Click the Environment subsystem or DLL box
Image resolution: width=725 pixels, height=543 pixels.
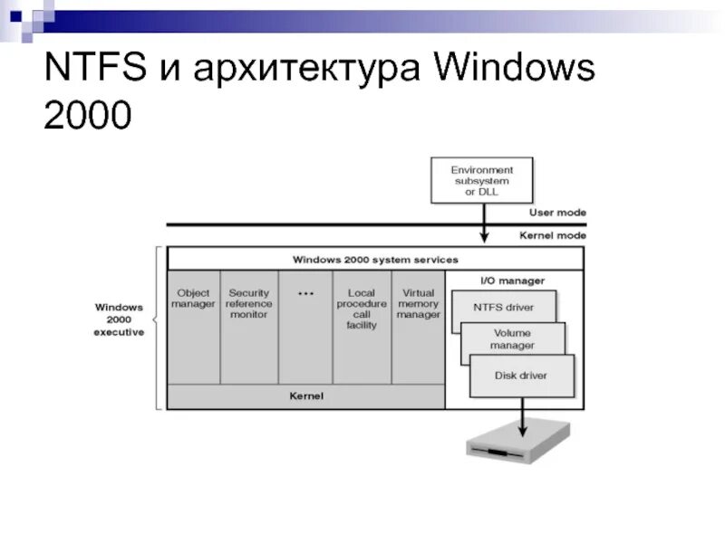tap(481, 180)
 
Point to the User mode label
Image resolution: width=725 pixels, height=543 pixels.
tap(557, 213)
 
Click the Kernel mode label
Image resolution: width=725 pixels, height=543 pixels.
tap(553, 235)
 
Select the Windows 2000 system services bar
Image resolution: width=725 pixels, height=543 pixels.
tap(375, 259)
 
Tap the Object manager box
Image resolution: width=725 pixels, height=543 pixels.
tap(194, 326)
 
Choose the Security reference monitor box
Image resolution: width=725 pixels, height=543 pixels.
tap(249, 326)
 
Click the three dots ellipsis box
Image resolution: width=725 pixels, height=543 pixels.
tap(305, 326)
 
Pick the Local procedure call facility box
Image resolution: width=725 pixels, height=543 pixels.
tap(362, 326)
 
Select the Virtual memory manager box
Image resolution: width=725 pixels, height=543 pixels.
tap(418, 326)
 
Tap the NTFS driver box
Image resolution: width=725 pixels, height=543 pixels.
tap(503, 308)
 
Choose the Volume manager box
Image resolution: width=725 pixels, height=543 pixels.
tap(513, 339)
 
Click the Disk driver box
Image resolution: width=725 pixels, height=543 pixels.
tap(521, 376)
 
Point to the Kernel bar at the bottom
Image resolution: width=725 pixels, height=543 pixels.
tap(306, 396)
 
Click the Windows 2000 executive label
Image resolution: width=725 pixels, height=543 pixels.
tap(120, 319)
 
